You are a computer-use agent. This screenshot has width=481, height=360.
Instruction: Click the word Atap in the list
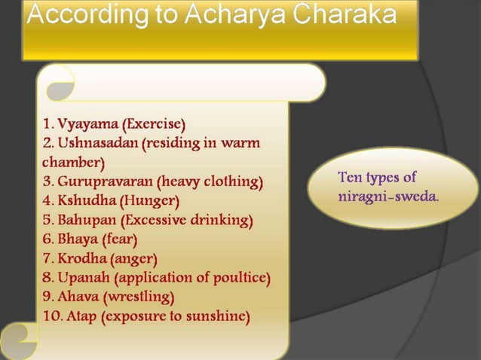(x=81, y=316)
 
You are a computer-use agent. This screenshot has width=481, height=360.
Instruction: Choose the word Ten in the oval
(x=351, y=178)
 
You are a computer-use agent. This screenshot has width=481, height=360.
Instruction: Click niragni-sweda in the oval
(x=388, y=197)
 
